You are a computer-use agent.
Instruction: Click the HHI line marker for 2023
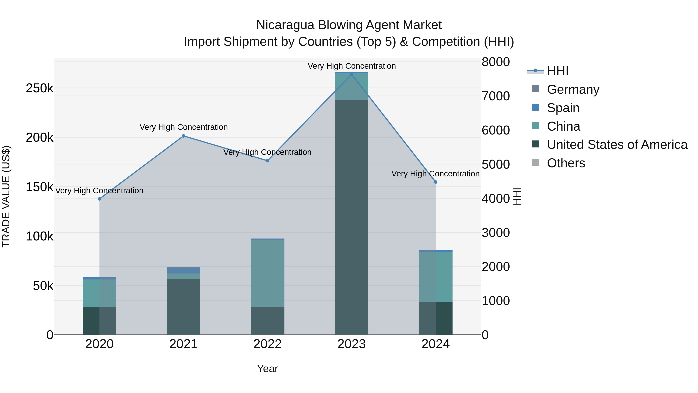coord(352,74)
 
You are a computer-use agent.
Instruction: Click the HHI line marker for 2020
coord(99,199)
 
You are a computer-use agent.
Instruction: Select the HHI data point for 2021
coord(183,136)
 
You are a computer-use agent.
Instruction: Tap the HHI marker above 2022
coord(267,160)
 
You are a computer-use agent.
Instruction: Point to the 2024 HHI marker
coord(435,182)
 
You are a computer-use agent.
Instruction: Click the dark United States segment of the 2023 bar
coord(352,217)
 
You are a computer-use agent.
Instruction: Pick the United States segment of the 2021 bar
coord(183,306)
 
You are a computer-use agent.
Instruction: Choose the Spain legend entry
coord(563,108)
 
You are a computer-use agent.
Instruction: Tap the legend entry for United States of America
coord(617,145)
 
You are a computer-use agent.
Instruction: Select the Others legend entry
coord(566,163)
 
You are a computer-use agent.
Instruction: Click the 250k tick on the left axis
coord(40,88)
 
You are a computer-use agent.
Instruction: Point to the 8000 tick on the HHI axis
coord(496,62)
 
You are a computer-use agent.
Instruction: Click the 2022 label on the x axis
coord(267,344)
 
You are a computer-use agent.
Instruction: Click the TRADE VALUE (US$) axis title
coord(6,196)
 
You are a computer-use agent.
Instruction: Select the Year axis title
coord(267,369)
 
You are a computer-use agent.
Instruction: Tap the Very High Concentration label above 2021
coord(183,127)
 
